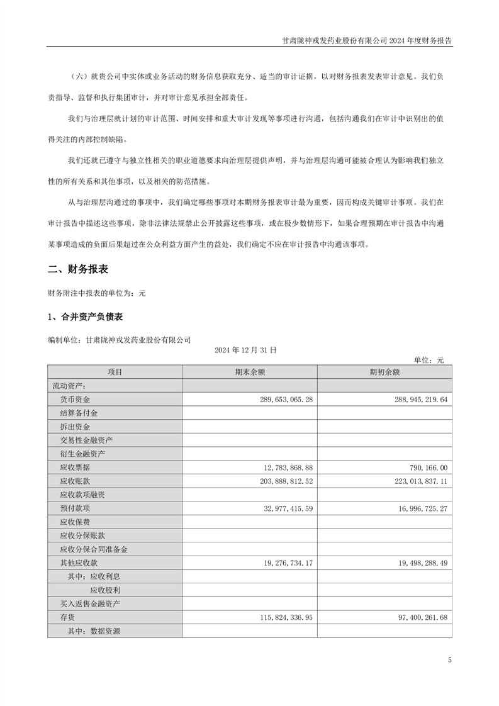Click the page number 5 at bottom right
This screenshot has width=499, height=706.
pyautogui.click(x=449, y=660)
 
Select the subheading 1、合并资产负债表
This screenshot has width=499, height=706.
pyautogui.click(x=89, y=317)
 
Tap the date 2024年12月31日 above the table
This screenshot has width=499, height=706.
pyautogui.click(x=245, y=349)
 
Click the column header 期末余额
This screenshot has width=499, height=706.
pyautogui.click(x=250, y=372)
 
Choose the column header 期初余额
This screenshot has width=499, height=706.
pyautogui.click(x=384, y=372)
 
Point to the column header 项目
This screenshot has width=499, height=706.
pyautogui.click(x=115, y=372)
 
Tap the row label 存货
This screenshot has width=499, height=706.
pyautogui.click(x=67, y=617)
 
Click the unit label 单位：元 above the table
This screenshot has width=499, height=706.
pyautogui.click(x=429, y=360)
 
